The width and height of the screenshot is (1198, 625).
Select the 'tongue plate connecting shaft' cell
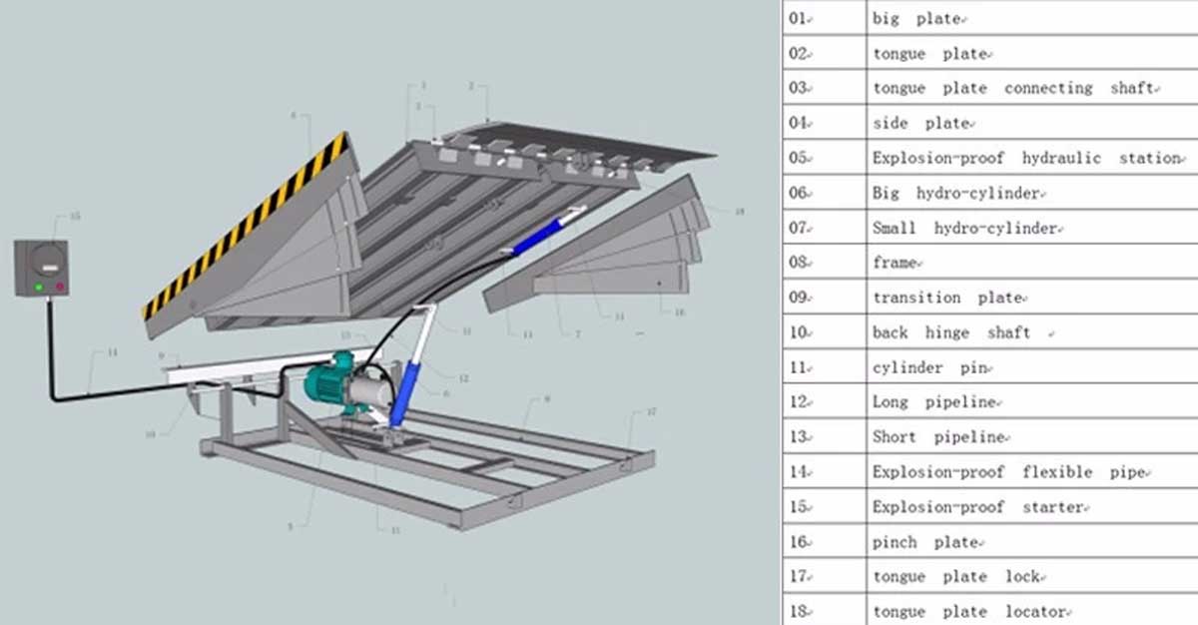tap(1014, 88)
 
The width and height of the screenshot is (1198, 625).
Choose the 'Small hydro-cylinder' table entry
tap(963, 228)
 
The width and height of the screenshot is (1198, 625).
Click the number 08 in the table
tap(799, 263)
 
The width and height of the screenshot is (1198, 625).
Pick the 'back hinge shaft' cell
tap(950, 332)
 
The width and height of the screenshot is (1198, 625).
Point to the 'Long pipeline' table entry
tap(934, 402)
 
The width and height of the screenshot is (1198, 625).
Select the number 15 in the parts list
tap(799, 507)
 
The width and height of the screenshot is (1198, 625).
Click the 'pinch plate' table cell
tap(924, 542)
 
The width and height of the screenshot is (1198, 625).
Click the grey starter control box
tap(42, 268)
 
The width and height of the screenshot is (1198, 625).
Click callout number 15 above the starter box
tap(75, 217)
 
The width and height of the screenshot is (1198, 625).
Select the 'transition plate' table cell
tap(946, 298)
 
